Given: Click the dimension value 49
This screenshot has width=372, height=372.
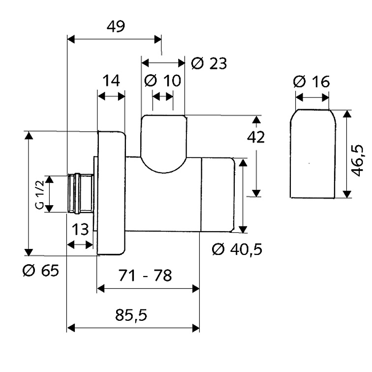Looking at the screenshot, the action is point(116,27).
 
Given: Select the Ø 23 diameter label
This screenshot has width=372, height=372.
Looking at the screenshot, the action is point(209,63).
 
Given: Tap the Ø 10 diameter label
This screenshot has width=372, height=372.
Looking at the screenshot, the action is point(163,80).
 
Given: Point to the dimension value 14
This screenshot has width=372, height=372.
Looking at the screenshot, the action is point(111,80).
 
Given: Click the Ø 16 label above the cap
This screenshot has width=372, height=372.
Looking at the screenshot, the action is point(311,82).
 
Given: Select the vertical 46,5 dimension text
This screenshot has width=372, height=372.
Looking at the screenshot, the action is point(357,160).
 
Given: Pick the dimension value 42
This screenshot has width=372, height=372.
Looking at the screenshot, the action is point(256,137).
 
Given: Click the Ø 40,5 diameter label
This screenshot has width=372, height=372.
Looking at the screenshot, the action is point(237,249).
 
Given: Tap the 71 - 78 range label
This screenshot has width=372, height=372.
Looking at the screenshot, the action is point(145,276).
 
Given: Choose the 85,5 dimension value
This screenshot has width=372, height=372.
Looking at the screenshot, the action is point(131,315).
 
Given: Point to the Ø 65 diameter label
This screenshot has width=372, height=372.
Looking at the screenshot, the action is point(40,271).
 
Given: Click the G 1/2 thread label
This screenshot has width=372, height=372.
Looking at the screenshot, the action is point(40,195).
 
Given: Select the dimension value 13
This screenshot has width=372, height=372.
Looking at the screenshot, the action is point(80,229).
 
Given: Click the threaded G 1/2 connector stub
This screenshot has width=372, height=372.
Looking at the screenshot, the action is point(81,194).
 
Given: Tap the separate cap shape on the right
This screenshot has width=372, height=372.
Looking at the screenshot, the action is point(313,154).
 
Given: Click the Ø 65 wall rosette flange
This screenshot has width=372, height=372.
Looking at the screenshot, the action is point(111,193).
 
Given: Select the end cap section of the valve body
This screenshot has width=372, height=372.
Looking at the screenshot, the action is point(217,194).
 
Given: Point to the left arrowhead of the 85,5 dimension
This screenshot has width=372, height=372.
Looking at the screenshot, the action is point(71,328).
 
